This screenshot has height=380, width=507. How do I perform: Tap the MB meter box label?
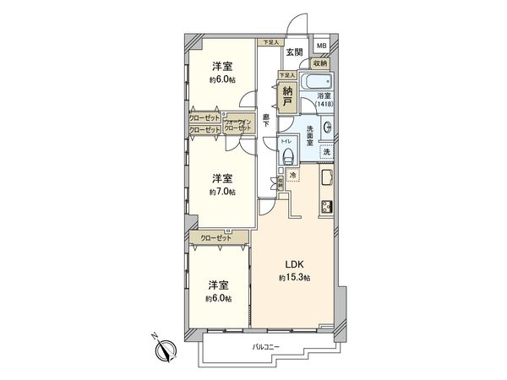(x=321, y=46)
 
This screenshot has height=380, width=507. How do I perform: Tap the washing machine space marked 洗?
(x=326, y=152)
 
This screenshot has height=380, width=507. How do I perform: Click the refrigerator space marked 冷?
(x=292, y=175)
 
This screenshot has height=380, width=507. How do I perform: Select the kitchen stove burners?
(x=326, y=207)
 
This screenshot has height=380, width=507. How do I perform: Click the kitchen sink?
(x=326, y=180)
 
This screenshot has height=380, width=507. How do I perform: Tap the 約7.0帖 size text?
(x=222, y=191)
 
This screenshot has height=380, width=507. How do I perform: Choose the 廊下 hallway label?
(x=266, y=121)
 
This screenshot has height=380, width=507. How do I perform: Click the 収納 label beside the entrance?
(x=319, y=63)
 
